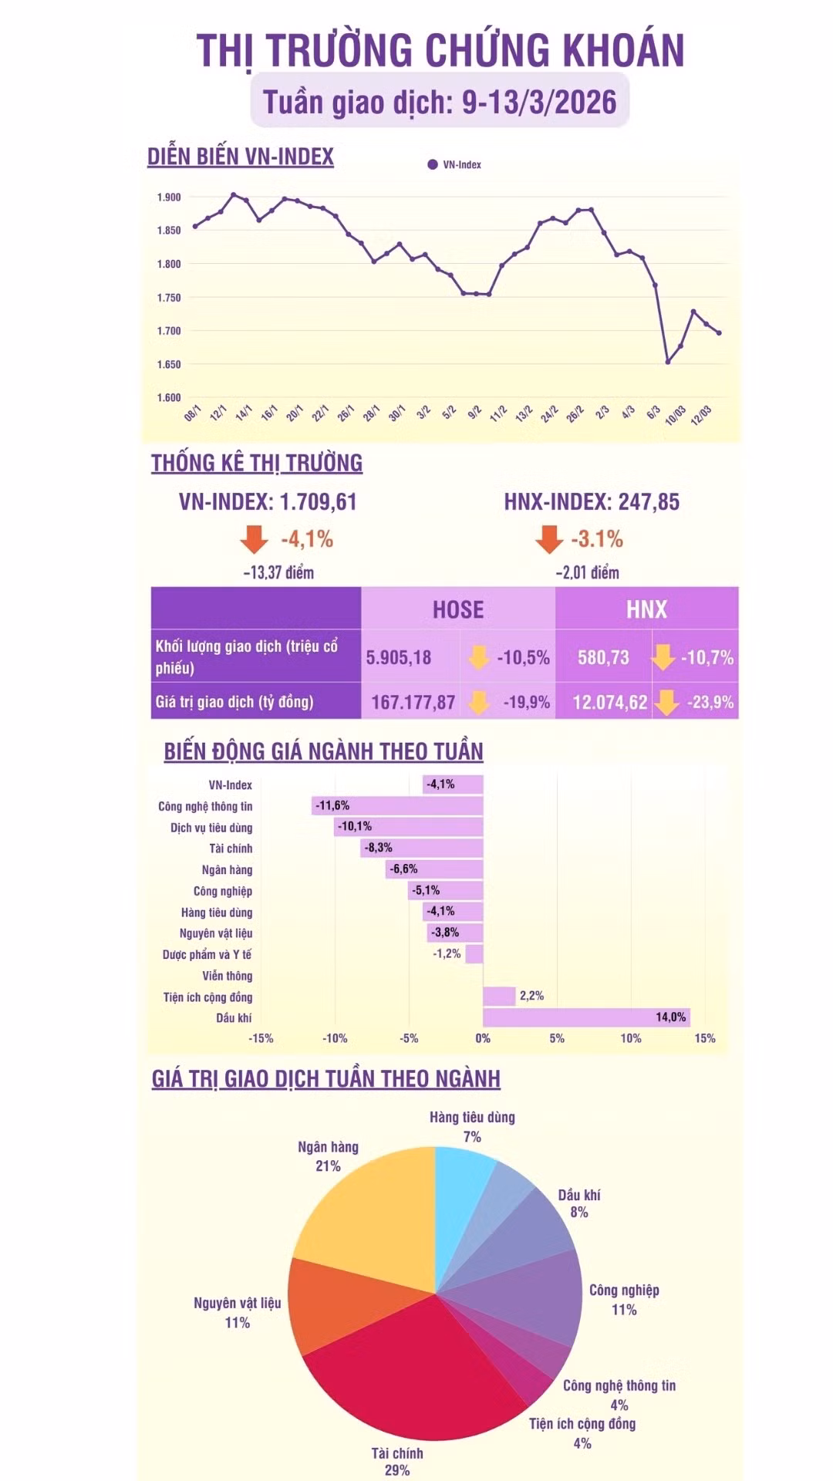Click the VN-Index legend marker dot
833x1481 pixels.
point(433,164)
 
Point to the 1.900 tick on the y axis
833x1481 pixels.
point(169,197)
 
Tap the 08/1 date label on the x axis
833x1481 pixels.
point(193,413)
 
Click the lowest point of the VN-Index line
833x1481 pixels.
point(668,362)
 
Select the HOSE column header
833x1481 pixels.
point(458,609)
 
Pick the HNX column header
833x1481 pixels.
point(646,609)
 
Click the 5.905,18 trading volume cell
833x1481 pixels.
point(399,658)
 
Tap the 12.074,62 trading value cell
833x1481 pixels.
point(610,702)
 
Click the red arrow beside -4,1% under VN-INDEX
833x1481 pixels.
point(254,539)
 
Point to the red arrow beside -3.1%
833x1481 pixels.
point(548,539)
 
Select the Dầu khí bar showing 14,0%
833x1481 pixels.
point(586,1017)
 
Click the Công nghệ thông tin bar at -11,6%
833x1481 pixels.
point(398,806)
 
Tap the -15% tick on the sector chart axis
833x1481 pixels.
point(261,1038)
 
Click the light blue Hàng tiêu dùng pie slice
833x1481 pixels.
point(463,1188)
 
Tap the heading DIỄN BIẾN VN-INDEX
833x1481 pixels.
point(241,157)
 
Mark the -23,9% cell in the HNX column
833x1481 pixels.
point(710,702)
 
